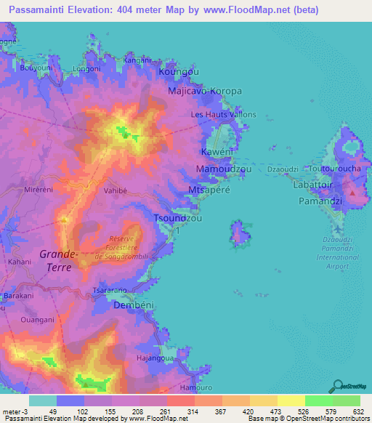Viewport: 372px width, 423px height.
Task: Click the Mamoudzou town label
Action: [x=224, y=169]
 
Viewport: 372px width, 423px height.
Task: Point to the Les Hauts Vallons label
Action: [x=223, y=115]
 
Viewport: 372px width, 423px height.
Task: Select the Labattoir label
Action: [x=314, y=185]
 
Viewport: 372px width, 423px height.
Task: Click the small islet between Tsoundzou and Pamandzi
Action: [x=238, y=234]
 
